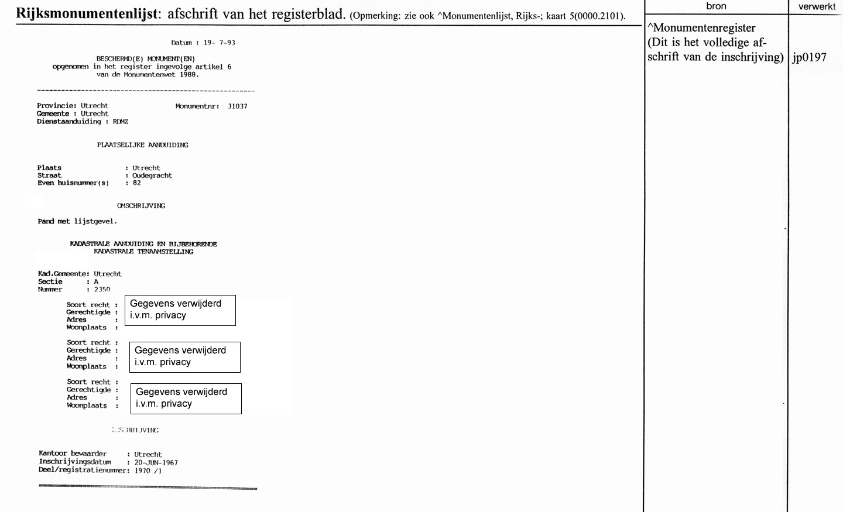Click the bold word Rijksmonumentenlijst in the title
point(87,14)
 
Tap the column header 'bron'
point(716,6)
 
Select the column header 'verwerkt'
point(817,6)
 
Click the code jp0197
point(809,57)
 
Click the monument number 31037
point(238,106)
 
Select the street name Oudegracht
point(152,176)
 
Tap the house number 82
point(136,183)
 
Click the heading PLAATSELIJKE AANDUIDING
point(142,145)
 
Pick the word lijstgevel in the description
point(94,222)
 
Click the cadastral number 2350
point(102,290)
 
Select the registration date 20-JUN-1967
point(156,463)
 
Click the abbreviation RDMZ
point(120,122)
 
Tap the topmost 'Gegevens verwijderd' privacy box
point(180,310)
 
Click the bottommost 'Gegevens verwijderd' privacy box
point(186,398)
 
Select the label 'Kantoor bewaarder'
point(73,453)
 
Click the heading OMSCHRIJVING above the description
point(141,206)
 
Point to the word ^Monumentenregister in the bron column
point(701,28)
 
